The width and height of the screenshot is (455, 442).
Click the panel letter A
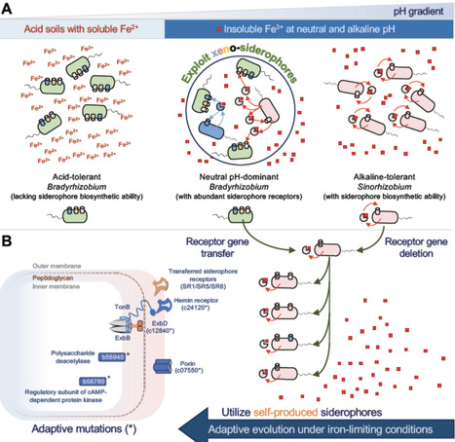pos(9,9)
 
